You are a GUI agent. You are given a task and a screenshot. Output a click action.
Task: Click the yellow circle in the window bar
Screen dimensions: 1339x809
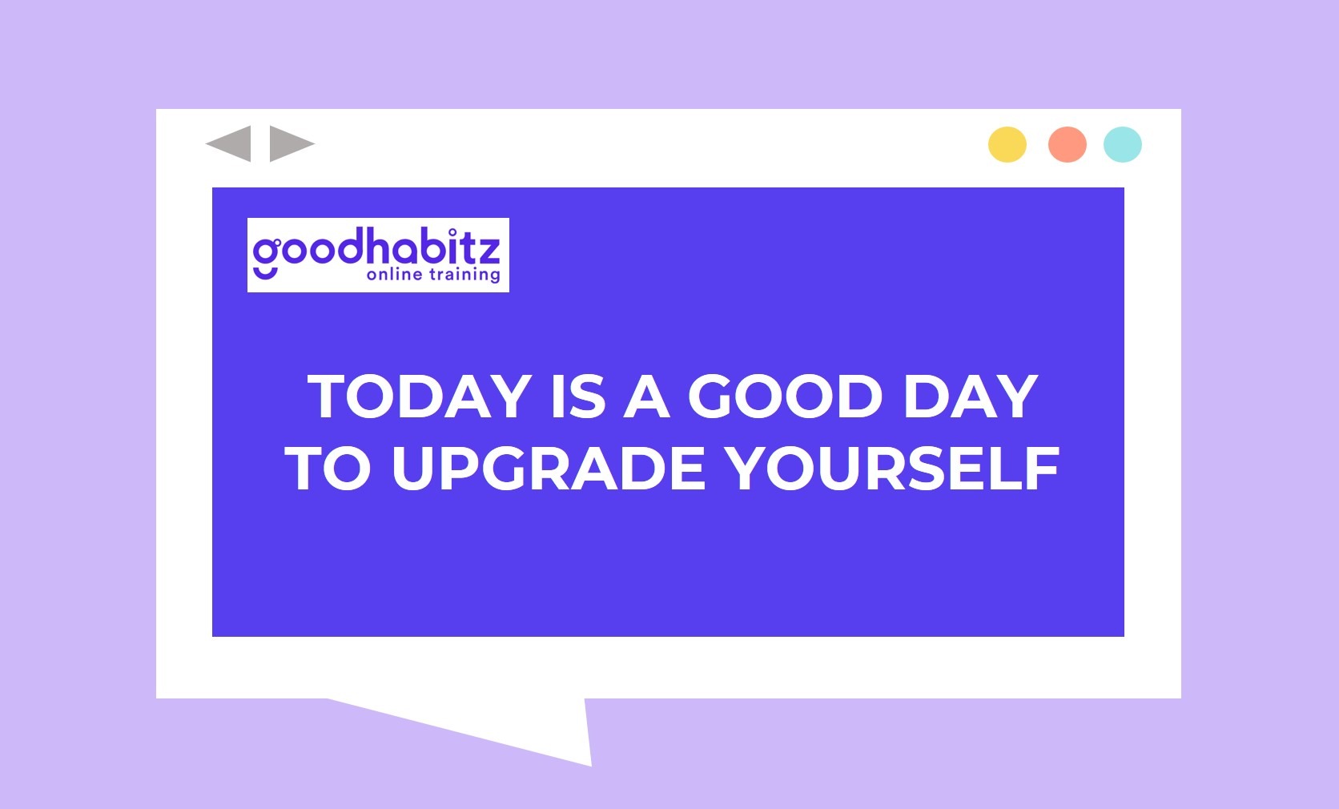[1007, 144]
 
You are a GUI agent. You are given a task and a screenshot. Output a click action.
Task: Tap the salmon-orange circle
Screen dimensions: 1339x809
[1067, 144]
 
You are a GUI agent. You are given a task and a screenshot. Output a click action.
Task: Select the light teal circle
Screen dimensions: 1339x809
[1123, 144]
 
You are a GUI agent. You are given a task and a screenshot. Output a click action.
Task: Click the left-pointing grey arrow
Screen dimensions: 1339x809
[228, 143]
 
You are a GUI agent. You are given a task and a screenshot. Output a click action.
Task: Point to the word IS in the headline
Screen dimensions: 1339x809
[577, 396]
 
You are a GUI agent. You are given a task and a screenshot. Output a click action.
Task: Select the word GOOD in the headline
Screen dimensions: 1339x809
[786, 396]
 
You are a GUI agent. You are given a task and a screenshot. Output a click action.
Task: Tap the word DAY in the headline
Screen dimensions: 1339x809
[971, 396]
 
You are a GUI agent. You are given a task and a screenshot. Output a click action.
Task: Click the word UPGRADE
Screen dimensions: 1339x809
[548, 469]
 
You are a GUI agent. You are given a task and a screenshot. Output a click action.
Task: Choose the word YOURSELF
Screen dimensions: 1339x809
[893, 469]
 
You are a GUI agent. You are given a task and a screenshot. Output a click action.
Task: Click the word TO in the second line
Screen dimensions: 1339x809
[328, 469]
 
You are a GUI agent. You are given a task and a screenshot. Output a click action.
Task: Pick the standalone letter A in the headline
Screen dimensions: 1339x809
[646, 396]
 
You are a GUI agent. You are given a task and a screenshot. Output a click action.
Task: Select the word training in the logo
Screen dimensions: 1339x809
[464, 275]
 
